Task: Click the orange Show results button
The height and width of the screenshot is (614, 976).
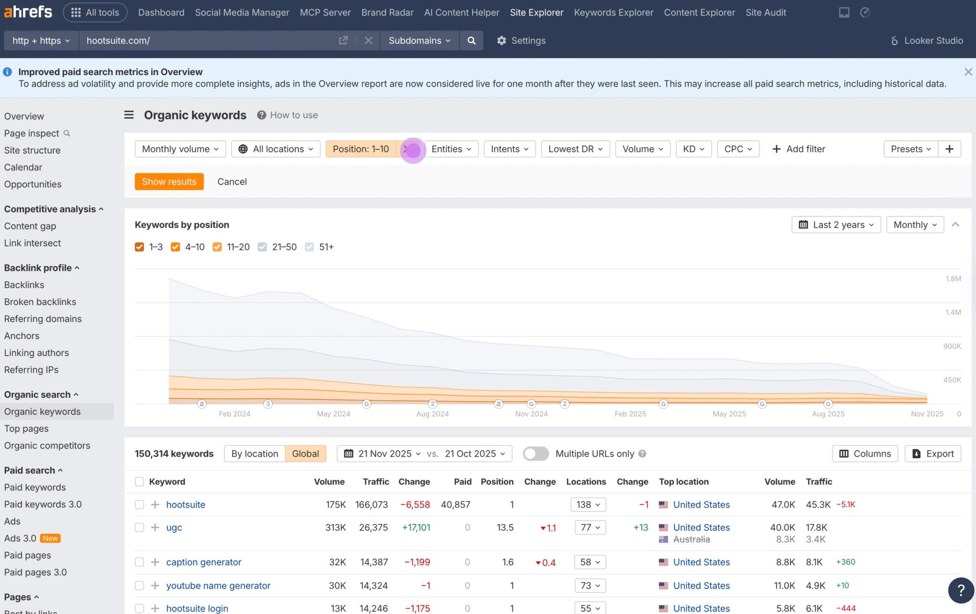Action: click(x=169, y=181)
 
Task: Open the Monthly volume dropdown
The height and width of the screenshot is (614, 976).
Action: click(x=180, y=149)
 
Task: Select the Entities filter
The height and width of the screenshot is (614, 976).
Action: click(x=451, y=149)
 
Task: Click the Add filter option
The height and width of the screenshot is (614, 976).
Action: click(x=798, y=149)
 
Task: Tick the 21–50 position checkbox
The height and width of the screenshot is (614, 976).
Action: click(x=262, y=247)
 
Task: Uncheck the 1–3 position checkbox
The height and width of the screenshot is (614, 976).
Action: click(x=140, y=247)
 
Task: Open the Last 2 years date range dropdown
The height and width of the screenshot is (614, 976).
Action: click(x=836, y=225)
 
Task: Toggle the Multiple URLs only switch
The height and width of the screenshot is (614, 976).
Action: click(x=535, y=454)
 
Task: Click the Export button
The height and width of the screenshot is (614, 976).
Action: click(x=933, y=454)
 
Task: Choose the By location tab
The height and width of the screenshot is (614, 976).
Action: click(x=255, y=454)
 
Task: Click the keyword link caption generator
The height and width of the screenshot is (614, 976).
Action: click(x=204, y=562)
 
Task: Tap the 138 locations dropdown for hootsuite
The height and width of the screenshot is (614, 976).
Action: click(x=588, y=505)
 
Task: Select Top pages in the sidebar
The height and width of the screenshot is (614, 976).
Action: click(x=26, y=429)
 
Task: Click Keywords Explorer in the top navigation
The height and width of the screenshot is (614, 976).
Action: click(x=613, y=13)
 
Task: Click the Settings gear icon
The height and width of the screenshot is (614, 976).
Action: click(x=502, y=40)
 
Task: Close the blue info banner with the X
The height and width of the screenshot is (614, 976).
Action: click(x=968, y=72)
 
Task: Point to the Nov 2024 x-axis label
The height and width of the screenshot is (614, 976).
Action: click(x=531, y=414)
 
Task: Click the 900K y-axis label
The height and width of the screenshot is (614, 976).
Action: click(x=952, y=346)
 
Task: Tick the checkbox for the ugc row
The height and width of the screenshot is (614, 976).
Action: click(x=140, y=527)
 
